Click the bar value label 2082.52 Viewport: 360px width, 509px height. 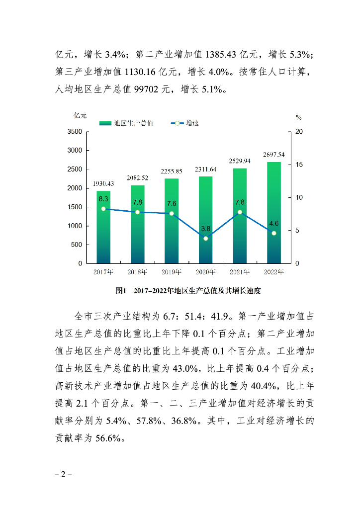coord(137,178)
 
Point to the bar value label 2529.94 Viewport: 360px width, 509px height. coord(240,161)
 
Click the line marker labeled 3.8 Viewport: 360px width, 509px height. coord(205,239)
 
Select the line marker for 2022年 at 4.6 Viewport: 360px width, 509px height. coord(274,233)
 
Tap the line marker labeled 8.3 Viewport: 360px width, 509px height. coord(103,209)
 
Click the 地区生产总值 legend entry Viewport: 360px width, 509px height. coord(126,123)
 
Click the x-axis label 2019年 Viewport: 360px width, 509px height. coord(172,272)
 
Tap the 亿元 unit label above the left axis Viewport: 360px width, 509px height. coord(80,115)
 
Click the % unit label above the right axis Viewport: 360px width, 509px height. coord(299,117)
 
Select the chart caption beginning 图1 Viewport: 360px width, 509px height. coord(188,290)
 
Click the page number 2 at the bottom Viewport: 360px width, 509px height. coord(63,474)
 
